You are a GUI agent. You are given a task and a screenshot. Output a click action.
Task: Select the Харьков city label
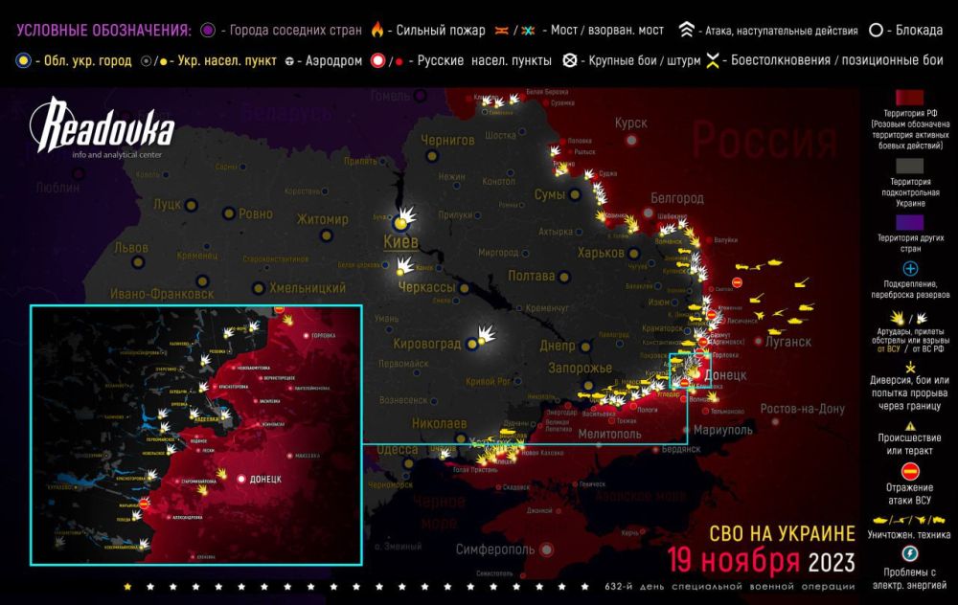[602, 253]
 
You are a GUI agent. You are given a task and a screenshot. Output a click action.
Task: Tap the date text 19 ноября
[734, 559]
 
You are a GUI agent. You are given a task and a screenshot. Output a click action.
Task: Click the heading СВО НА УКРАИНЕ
[781, 533]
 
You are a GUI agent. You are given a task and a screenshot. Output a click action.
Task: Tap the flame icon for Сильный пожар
[376, 32]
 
